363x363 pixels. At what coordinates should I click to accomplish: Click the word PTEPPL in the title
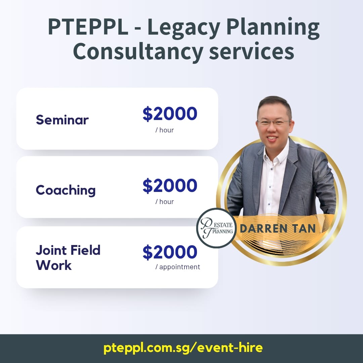pyautogui.click(x=88, y=27)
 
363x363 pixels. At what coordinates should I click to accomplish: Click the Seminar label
pyautogui.click(x=62, y=120)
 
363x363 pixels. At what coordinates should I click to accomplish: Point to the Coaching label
pyautogui.click(x=66, y=190)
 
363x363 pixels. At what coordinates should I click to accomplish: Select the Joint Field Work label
pyautogui.click(x=68, y=257)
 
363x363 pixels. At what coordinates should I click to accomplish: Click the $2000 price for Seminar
pyautogui.click(x=170, y=114)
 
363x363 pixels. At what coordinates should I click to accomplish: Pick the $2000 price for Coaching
pyautogui.click(x=170, y=186)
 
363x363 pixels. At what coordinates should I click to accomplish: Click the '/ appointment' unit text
pyautogui.click(x=177, y=267)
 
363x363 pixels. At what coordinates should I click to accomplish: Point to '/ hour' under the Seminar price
pyautogui.click(x=165, y=130)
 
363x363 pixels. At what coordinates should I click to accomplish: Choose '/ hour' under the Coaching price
pyautogui.click(x=165, y=202)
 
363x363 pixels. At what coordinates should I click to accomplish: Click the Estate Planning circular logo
pyautogui.click(x=216, y=228)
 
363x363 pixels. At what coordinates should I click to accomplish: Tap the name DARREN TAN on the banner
pyautogui.click(x=278, y=229)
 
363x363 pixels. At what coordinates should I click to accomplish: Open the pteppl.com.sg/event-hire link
pyautogui.click(x=183, y=348)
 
